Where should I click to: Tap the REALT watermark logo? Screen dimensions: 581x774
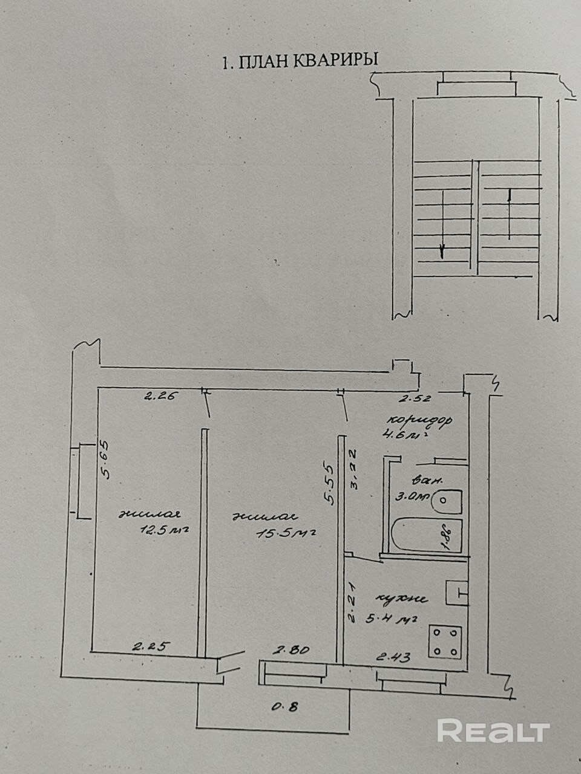[493, 731]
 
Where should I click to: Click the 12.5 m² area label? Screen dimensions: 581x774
[162, 530]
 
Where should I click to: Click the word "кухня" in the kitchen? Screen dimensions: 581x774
[401, 599]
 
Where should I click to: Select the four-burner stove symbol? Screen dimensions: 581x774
[445, 642]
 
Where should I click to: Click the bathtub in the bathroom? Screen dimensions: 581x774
[427, 536]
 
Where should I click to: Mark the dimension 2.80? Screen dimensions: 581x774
[293, 651]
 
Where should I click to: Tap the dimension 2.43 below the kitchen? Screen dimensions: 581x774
[393, 657]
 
